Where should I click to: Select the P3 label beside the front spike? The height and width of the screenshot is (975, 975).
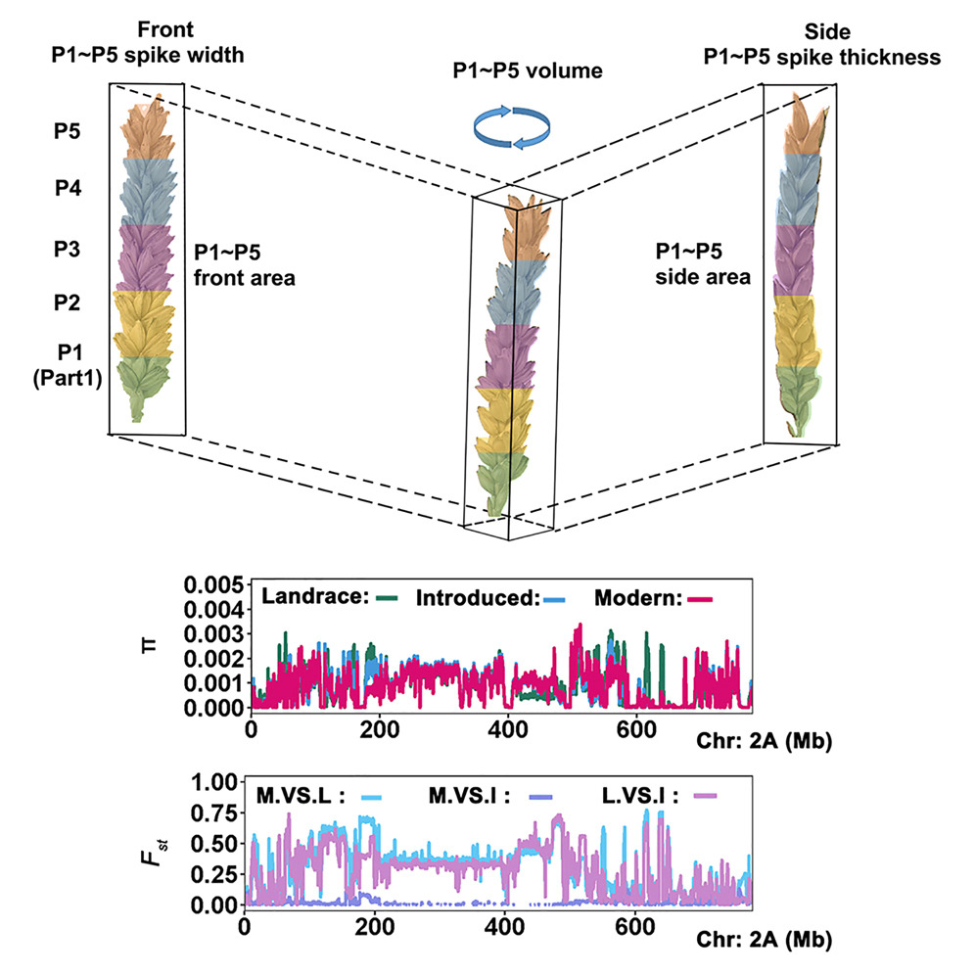(68, 250)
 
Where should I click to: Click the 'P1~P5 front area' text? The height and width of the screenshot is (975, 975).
(245, 266)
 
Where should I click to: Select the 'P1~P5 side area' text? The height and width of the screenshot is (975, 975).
(702, 264)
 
